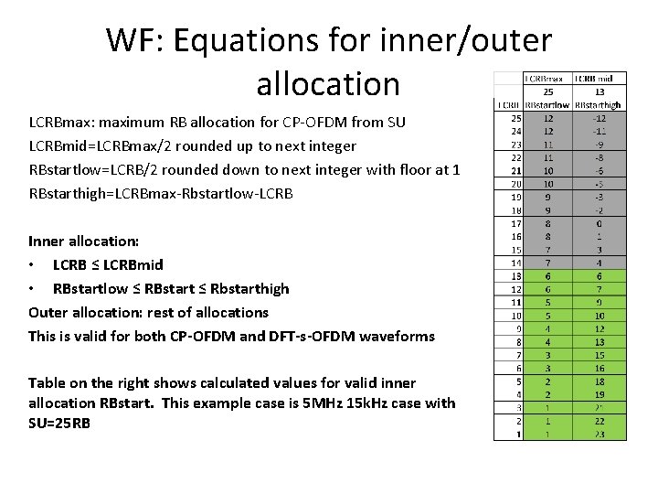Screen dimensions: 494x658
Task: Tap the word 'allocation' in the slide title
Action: click(328, 83)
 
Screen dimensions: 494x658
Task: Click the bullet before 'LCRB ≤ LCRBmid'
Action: click(33, 265)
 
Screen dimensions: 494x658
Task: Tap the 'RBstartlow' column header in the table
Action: click(547, 105)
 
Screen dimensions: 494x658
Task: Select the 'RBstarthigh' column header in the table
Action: click(600, 105)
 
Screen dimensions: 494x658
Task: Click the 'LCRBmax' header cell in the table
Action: click(547, 79)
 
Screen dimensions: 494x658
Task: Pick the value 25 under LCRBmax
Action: click(547, 92)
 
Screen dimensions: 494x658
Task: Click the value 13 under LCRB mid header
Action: click(599, 92)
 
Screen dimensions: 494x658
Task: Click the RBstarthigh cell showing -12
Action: click(599, 118)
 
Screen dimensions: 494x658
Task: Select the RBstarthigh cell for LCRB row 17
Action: click(599, 222)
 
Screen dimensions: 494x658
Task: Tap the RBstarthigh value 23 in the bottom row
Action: click(599, 434)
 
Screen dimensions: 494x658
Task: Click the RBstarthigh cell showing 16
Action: click(599, 367)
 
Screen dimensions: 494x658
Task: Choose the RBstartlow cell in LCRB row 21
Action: click(547, 170)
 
